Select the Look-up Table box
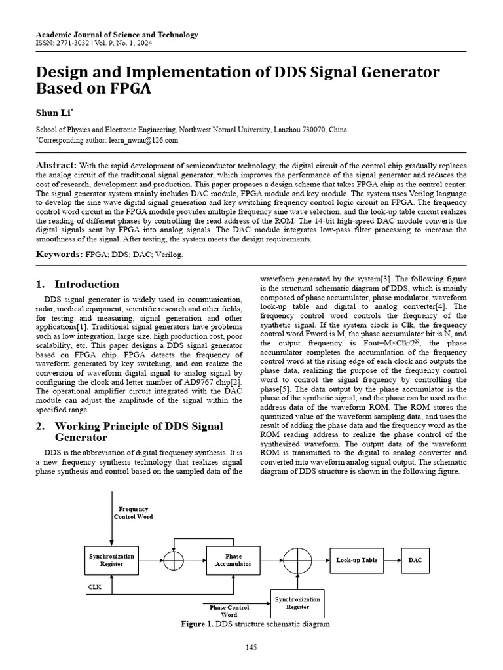coord(356,560)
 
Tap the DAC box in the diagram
coord(415,560)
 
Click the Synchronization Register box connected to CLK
coord(111,560)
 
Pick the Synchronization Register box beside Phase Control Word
coord(297,603)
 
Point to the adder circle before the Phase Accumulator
coord(174,560)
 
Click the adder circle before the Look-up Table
coord(297,560)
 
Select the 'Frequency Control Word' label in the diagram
coord(133,512)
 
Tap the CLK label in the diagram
coord(96,587)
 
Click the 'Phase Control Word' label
coord(229,611)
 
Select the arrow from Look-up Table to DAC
coord(392,560)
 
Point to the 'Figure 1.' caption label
coord(197,624)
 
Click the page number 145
coord(251,648)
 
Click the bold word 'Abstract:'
coord(56,166)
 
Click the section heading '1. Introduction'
coord(77,284)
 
